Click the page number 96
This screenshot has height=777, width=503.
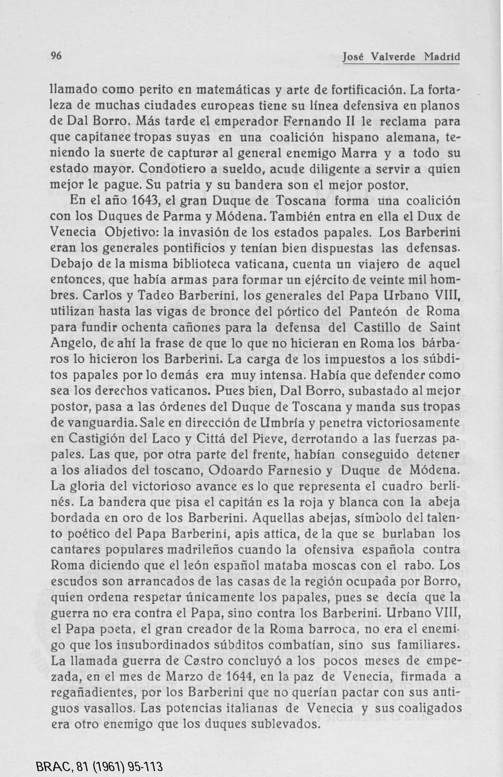click(x=56, y=56)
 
